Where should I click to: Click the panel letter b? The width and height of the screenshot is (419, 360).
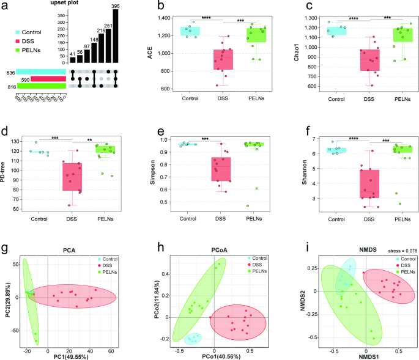[161, 7]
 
